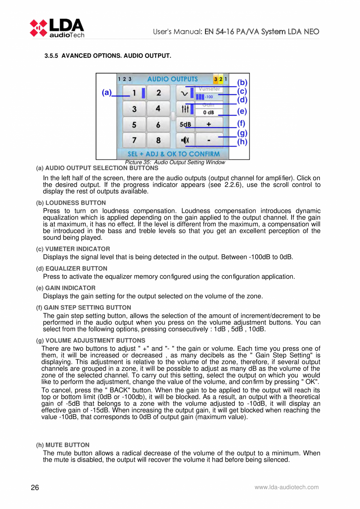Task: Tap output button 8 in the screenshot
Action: (158, 140)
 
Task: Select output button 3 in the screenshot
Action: (134, 109)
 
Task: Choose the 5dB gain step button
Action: (185, 124)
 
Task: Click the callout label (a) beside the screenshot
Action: (106, 93)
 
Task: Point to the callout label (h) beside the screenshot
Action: (243, 142)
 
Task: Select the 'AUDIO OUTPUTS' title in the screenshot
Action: (172, 79)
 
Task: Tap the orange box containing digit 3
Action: (216, 79)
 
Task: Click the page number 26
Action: (35, 487)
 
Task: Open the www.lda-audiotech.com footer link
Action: (286, 487)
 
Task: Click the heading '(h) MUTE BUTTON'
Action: (63, 445)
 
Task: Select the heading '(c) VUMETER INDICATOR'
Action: (73, 249)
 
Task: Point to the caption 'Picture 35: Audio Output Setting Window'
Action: (175, 162)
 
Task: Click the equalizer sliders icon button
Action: (185, 109)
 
